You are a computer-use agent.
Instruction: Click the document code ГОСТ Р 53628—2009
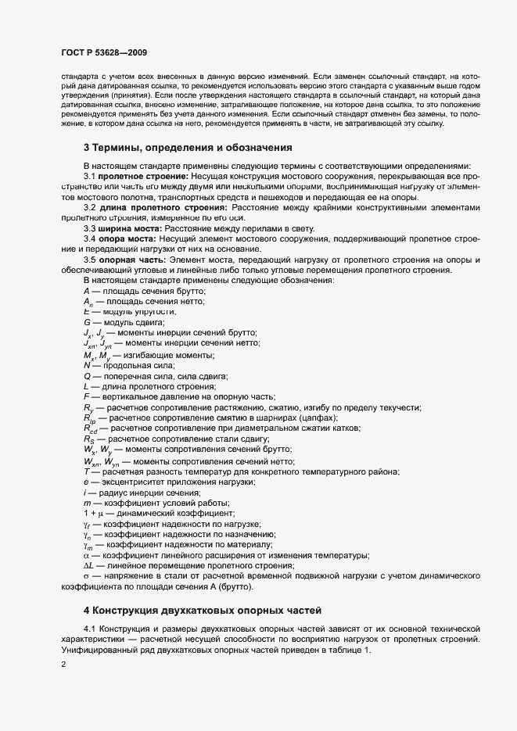[103, 52]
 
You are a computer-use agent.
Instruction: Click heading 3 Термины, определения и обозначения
[188, 147]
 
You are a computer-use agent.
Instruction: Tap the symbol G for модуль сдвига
[88, 322]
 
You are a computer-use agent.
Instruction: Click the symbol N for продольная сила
[87, 365]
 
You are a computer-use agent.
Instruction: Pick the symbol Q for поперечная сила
[88, 376]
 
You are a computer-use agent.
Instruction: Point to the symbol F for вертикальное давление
[87, 397]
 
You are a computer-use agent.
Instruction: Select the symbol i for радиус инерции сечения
[85, 492]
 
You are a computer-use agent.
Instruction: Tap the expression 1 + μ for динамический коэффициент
[94, 513]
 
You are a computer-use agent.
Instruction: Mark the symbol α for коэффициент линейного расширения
[87, 555]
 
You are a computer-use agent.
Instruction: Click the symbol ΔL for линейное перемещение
[89, 565]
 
